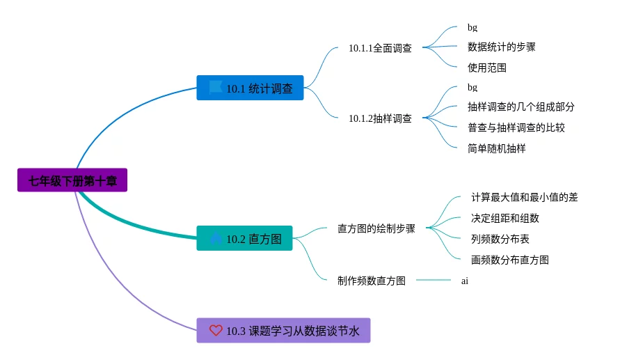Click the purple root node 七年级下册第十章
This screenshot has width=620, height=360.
pos(72,180)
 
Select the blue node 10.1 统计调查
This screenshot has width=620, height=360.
pos(250,88)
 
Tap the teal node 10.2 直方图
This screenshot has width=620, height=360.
pos(244,238)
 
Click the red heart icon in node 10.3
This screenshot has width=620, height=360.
pos(216,330)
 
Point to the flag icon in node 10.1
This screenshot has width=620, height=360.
pos(216,86)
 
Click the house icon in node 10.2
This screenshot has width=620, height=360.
pos(216,237)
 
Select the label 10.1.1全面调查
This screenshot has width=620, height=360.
pos(380,48)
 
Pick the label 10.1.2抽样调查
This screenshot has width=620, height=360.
pos(380,118)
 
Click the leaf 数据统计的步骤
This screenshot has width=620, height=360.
pos(502,47)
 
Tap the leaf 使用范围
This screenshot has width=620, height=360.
pos(487,68)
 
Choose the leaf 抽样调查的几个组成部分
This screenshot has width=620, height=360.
pos(520,107)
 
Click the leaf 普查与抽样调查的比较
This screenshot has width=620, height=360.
pos(516,127)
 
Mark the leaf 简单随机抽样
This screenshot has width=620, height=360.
pos(497,148)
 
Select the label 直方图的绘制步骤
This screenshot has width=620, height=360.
pos(376,228)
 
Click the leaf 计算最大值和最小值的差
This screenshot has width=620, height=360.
pos(524,197)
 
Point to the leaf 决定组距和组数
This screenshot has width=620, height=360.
pos(505,218)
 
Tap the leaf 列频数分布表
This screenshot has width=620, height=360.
pos(500,239)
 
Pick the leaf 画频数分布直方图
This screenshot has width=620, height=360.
pos(509,260)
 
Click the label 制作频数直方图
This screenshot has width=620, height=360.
pos(372,281)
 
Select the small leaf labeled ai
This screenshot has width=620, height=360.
pos(465,281)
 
